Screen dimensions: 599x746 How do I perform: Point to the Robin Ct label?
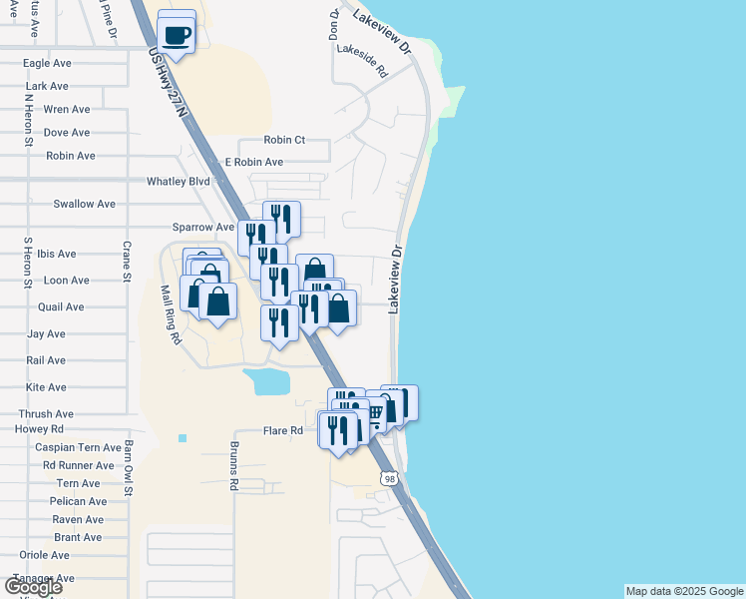point(284,141)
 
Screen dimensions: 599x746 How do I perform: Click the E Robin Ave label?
point(253,162)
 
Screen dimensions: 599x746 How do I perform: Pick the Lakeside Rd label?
point(361,61)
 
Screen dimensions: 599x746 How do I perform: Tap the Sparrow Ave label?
point(202,227)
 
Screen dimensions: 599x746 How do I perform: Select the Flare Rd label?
point(282,431)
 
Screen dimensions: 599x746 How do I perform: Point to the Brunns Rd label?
point(235,466)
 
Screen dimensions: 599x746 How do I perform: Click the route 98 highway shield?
point(390,480)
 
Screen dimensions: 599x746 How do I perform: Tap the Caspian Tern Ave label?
point(78,448)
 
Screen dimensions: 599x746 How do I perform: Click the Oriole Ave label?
point(44,555)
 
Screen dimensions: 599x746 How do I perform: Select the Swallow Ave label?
point(85,204)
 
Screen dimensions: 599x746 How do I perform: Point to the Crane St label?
point(128,261)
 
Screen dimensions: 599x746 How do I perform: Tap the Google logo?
point(34,587)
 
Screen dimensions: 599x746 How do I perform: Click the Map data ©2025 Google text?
point(684,591)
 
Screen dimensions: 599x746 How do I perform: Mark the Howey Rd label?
point(39,429)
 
